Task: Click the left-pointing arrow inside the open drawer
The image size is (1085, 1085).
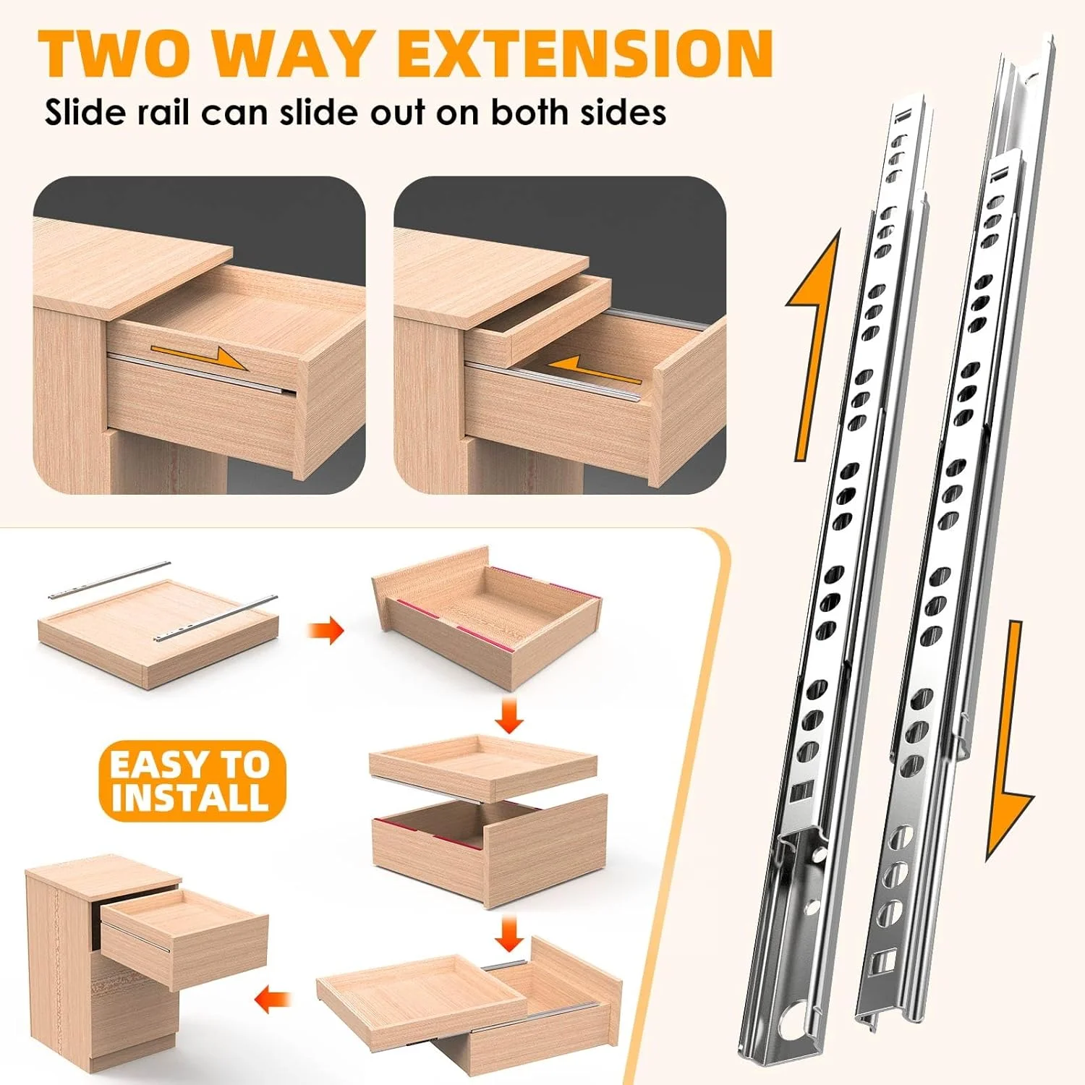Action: click(592, 369)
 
